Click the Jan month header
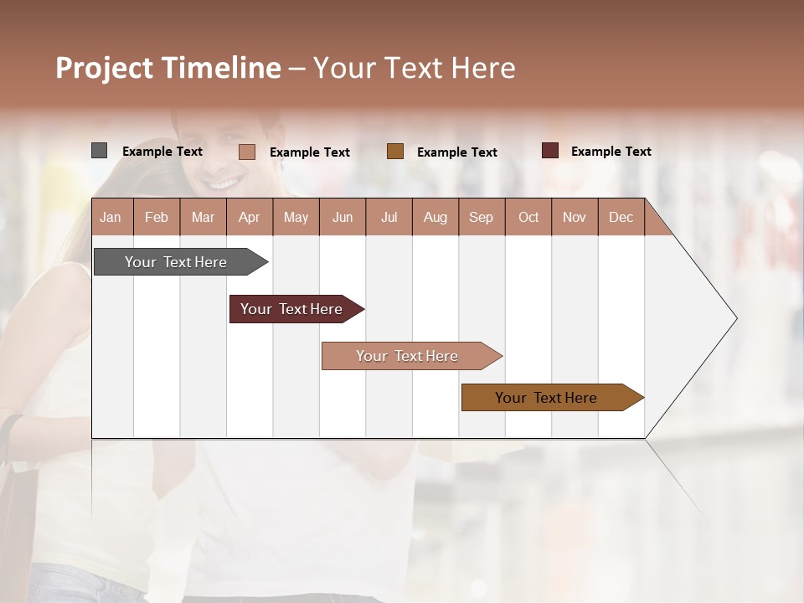coord(111,217)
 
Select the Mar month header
coord(203,217)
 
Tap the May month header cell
coord(296,217)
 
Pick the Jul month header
coord(389,217)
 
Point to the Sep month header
coord(481,217)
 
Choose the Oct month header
coord(528,217)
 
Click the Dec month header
coord(621,217)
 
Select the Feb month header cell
coord(157,217)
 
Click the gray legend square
coord(99,151)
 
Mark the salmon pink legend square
coord(246,152)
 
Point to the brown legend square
coord(394,152)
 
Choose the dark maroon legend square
coord(549,151)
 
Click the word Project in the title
coord(104,68)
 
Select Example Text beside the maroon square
coord(611,152)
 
